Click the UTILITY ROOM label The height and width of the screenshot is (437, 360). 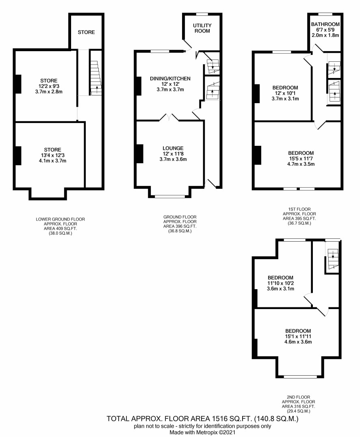(x=202, y=28)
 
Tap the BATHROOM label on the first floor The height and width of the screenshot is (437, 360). (x=325, y=24)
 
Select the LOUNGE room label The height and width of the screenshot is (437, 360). (x=173, y=148)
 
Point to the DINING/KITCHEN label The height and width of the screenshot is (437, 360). (x=170, y=79)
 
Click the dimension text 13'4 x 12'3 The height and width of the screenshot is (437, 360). (x=53, y=155)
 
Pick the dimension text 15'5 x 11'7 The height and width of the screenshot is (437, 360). (x=301, y=158)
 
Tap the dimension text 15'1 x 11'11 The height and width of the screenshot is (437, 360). (x=298, y=336)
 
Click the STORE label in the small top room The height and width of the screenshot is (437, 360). (x=86, y=32)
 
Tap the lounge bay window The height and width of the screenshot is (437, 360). (x=170, y=197)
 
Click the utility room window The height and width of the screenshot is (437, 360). (x=202, y=14)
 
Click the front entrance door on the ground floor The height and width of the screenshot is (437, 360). (x=210, y=184)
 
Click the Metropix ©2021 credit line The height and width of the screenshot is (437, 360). (x=203, y=433)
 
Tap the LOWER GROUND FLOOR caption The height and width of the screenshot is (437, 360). (x=60, y=219)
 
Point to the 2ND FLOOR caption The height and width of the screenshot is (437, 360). (x=298, y=397)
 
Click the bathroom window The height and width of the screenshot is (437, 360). (x=325, y=14)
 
